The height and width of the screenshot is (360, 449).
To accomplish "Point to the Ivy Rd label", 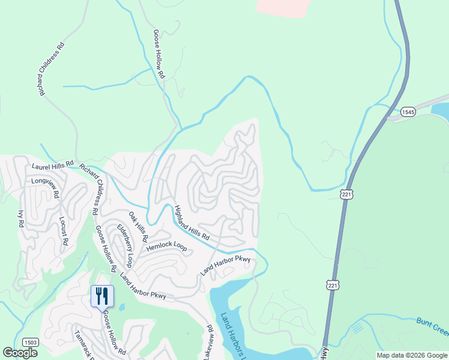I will click(x=20, y=217).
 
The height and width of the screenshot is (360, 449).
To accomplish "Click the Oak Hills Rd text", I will click(x=138, y=226).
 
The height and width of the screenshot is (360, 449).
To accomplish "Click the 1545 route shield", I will click(x=408, y=112).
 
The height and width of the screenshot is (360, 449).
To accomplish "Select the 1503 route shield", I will click(x=31, y=342).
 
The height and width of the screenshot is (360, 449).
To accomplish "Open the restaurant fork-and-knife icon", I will click(x=101, y=296).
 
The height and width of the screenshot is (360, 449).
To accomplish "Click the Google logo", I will click(x=20, y=353).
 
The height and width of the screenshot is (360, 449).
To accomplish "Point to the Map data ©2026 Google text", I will click(x=411, y=355).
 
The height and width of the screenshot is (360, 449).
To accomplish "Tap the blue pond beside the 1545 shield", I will click(x=442, y=110).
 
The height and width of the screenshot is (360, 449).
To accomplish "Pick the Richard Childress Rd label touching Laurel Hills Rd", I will click(x=89, y=191).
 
